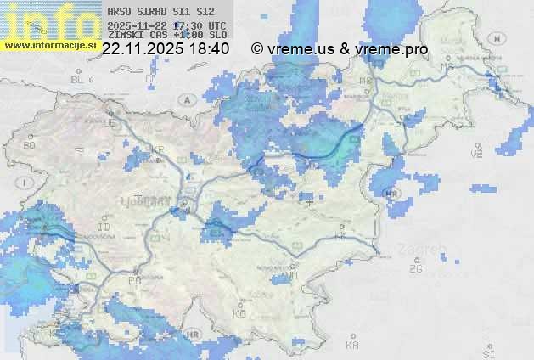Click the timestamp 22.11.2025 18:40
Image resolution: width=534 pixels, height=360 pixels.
click(166, 49)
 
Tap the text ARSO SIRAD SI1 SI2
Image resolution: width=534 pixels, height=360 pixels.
click(161, 13)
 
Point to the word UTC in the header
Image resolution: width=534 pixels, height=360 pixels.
click(217, 25)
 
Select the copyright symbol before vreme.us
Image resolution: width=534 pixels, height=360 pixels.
click(256, 49)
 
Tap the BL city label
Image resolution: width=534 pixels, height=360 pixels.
click(77, 79)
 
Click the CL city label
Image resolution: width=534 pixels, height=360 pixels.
click(151, 78)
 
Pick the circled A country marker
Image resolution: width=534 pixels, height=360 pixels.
click(187, 99)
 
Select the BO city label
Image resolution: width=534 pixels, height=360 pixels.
click(30, 145)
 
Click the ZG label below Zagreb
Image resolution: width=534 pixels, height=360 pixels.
click(415, 269)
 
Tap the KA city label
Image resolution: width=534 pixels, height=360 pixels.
click(352, 346)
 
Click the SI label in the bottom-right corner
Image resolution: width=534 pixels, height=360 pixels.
click(487, 352)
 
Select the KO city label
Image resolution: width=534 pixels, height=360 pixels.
click(239, 313)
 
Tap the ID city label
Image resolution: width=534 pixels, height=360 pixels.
click(104, 228)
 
